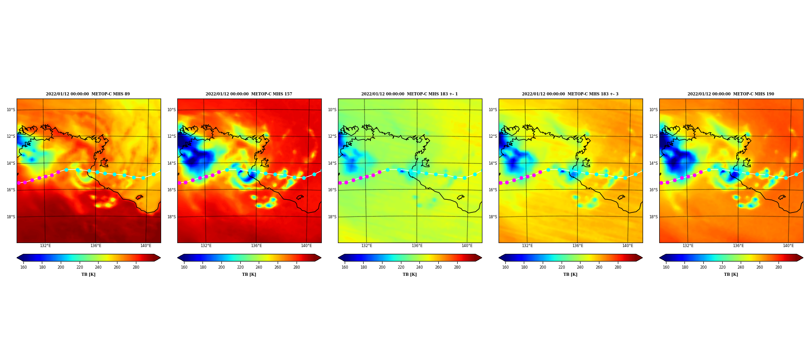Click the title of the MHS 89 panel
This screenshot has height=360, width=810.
pyautogui.click(x=88, y=94)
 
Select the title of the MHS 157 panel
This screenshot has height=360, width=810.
pyautogui.click(x=249, y=94)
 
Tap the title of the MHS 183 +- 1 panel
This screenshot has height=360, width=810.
pyautogui.click(x=409, y=94)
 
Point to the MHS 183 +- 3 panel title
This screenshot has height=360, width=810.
pyautogui.click(x=570, y=94)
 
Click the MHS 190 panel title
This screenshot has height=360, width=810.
pyautogui.click(x=731, y=94)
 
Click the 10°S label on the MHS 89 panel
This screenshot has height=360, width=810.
pyautogui.click(x=10, y=110)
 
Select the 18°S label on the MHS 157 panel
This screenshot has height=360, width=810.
pyautogui.click(x=171, y=217)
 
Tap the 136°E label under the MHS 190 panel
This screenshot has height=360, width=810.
pyautogui.click(x=738, y=246)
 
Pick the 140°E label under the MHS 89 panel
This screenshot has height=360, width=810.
pyautogui.click(x=145, y=246)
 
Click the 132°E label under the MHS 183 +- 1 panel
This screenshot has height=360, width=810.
pyautogui.click(x=366, y=246)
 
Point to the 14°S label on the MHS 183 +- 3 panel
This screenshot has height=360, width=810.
pyautogui.click(x=493, y=163)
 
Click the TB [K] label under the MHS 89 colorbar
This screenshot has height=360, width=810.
pyautogui.click(x=88, y=274)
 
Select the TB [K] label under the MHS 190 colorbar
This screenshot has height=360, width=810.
pyautogui.click(x=731, y=274)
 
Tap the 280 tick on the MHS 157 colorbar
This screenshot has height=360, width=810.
pyautogui.click(x=297, y=267)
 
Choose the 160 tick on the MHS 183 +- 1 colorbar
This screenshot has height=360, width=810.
pyautogui.click(x=345, y=267)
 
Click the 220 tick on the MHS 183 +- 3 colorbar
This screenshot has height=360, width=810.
pyautogui.click(x=562, y=267)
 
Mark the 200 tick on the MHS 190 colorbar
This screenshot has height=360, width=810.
pyautogui.click(x=703, y=267)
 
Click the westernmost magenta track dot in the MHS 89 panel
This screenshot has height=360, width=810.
pyautogui.click(x=19, y=183)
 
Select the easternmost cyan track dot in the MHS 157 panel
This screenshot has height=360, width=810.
pyautogui.click(x=314, y=174)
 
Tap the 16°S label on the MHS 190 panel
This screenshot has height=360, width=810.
pyautogui.click(x=653, y=190)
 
